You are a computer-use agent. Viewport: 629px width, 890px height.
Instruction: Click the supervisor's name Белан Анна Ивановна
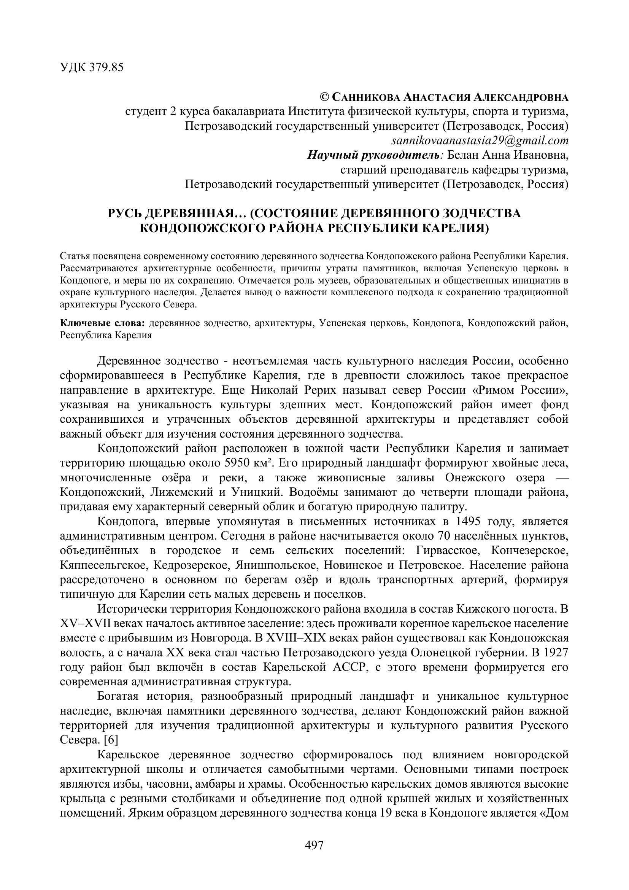507,155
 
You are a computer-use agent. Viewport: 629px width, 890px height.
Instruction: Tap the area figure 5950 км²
248,463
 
